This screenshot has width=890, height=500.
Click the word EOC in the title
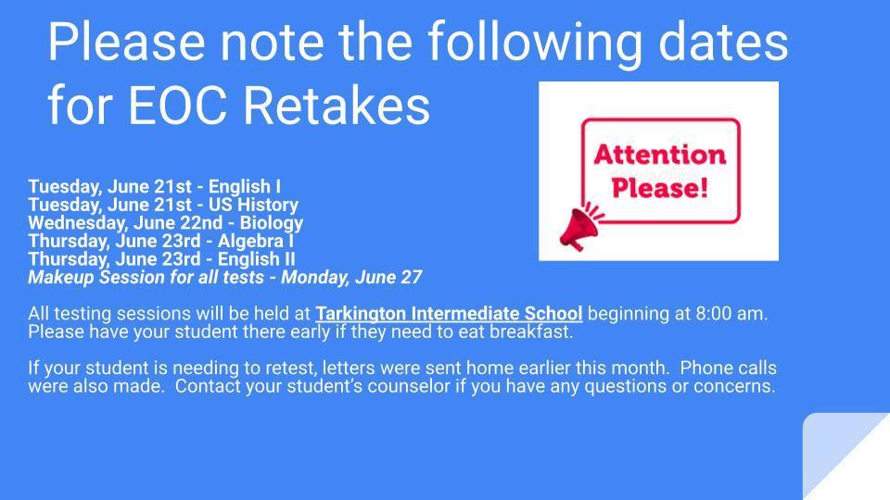click(178, 105)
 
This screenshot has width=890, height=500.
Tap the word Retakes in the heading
click(337, 105)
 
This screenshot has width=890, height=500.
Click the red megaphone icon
click(580, 226)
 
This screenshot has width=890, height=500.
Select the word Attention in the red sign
click(660, 155)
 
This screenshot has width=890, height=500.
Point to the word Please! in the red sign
click(660, 188)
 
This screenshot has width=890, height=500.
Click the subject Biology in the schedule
click(272, 223)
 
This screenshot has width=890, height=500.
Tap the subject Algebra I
click(256, 241)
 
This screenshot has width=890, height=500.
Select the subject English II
click(257, 259)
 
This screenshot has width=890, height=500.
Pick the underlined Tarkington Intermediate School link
click(449, 314)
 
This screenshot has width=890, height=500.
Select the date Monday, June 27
click(351, 277)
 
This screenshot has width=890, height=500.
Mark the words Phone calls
click(729, 368)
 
